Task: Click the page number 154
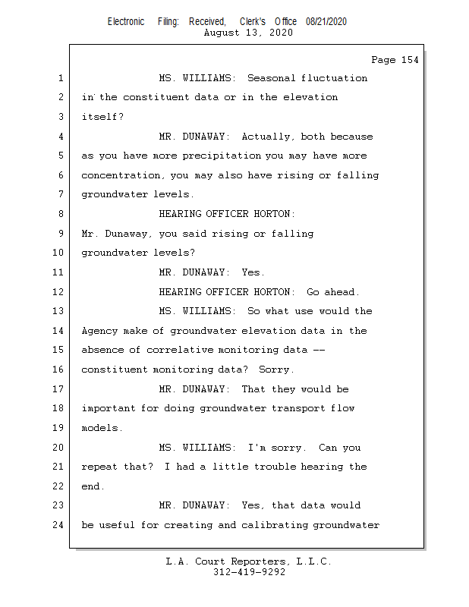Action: tap(410, 60)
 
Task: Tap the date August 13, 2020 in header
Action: tap(248, 33)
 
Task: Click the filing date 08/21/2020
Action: tap(326, 21)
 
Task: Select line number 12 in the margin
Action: tap(59, 292)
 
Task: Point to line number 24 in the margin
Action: tap(59, 525)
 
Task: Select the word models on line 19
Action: tap(101, 428)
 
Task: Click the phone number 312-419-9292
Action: tap(249, 572)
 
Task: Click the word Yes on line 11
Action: tap(253, 272)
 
